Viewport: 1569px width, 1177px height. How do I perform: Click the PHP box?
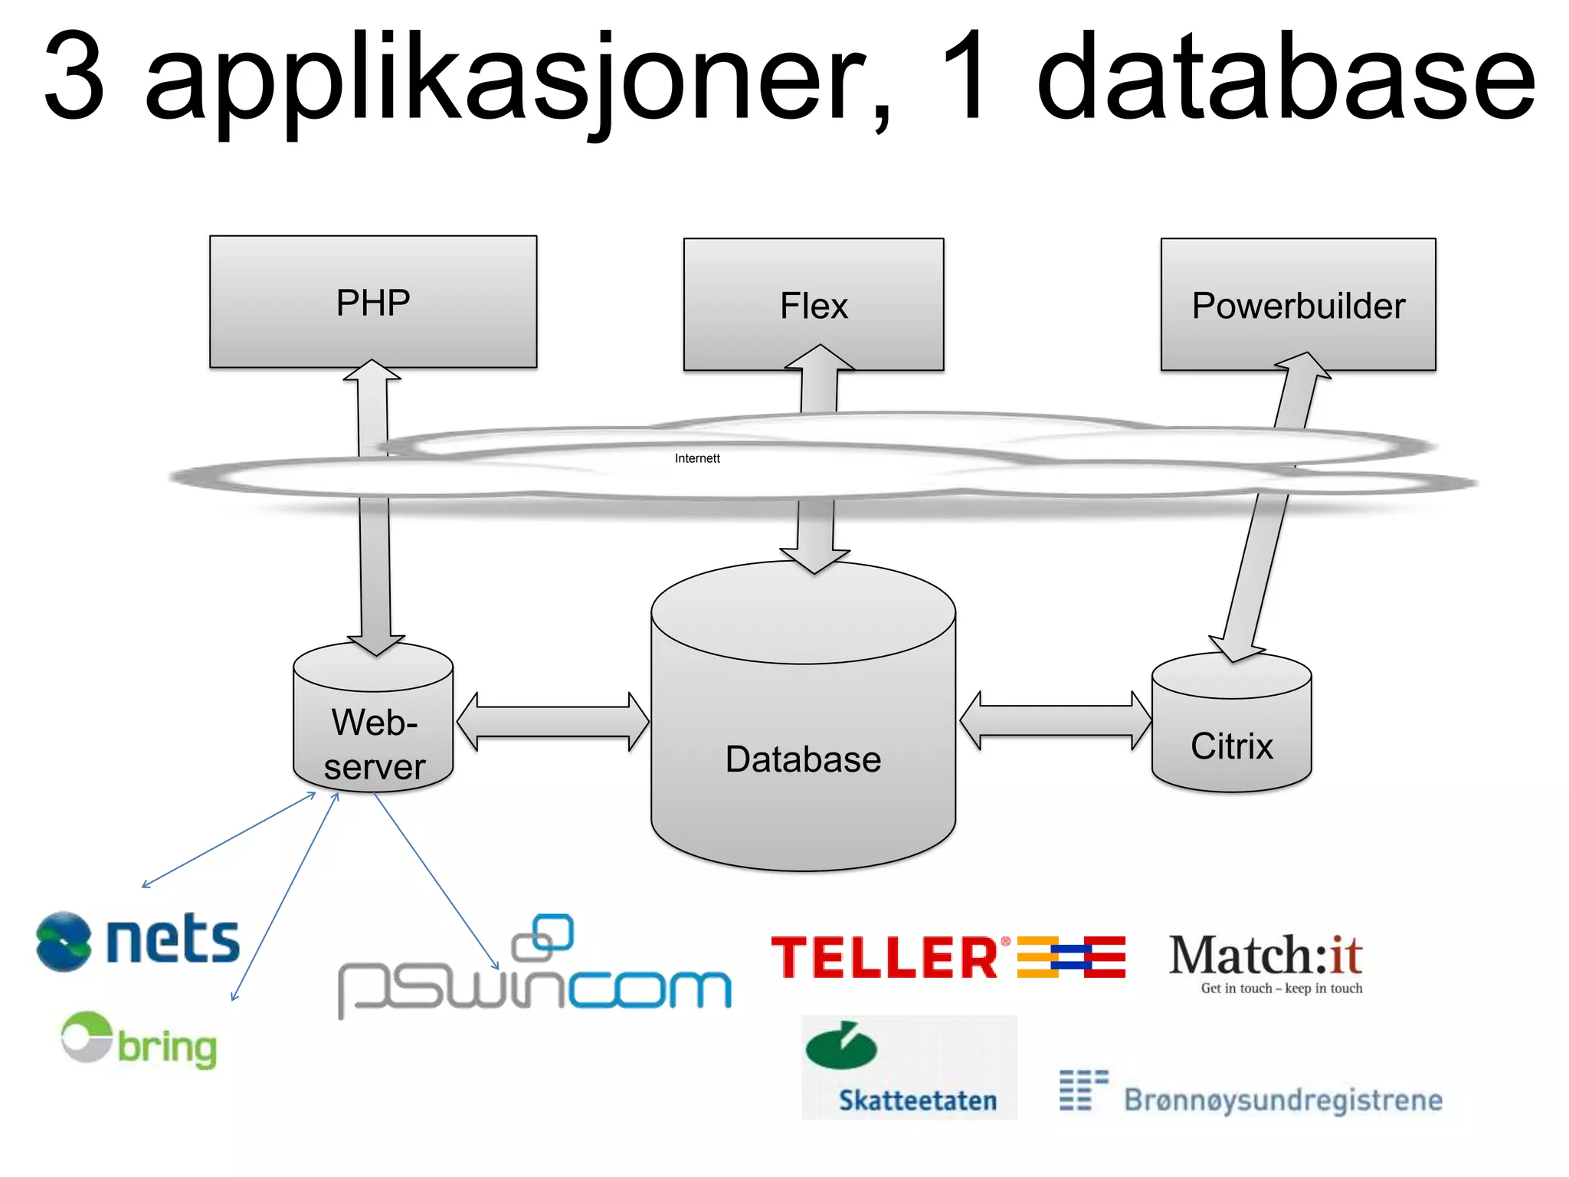(x=373, y=302)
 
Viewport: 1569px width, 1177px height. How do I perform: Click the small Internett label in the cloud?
(x=697, y=458)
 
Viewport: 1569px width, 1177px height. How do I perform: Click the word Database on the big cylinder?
(x=803, y=759)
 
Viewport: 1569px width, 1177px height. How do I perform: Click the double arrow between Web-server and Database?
(x=553, y=722)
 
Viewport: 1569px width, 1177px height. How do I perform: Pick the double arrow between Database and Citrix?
(x=1055, y=720)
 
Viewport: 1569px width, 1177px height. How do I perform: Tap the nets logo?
(x=139, y=940)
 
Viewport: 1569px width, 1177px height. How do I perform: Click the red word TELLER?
(x=885, y=958)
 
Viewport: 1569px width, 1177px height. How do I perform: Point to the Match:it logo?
(x=1265, y=956)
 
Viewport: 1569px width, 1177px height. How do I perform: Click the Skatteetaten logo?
(x=909, y=1068)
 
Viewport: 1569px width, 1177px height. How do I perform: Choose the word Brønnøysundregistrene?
(x=1283, y=1100)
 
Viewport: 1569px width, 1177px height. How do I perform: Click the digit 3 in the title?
(x=74, y=77)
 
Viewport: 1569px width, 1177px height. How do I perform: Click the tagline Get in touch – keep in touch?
(x=1281, y=988)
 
